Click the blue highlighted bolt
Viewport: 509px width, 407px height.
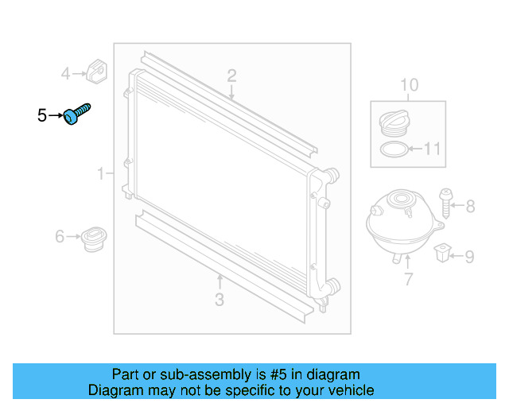tap(77, 114)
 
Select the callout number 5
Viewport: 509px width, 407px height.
tap(41, 116)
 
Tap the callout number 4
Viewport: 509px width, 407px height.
tap(66, 75)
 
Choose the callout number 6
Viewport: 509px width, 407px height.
tap(60, 237)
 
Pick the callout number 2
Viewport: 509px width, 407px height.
tap(231, 76)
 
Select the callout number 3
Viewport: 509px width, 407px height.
tap(220, 300)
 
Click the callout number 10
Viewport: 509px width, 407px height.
tap(409, 85)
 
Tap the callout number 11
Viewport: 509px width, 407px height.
tap(432, 149)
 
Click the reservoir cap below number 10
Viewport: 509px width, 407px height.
tap(394, 126)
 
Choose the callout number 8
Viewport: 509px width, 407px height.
tap(470, 207)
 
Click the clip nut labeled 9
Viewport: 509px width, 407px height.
tap(442, 254)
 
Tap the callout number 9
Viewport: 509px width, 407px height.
tap(469, 257)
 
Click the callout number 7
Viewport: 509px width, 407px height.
tap(409, 279)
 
